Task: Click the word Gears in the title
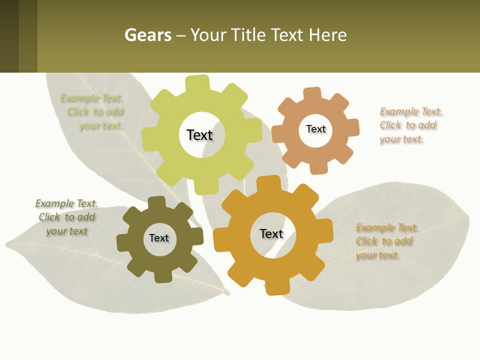(x=148, y=35)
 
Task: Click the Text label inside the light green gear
(x=199, y=135)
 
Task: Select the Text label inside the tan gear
(x=316, y=129)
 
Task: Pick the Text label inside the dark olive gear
(x=159, y=238)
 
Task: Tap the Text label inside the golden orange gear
(x=271, y=233)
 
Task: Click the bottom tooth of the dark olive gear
(x=163, y=275)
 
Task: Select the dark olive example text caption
(x=66, y=217)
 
